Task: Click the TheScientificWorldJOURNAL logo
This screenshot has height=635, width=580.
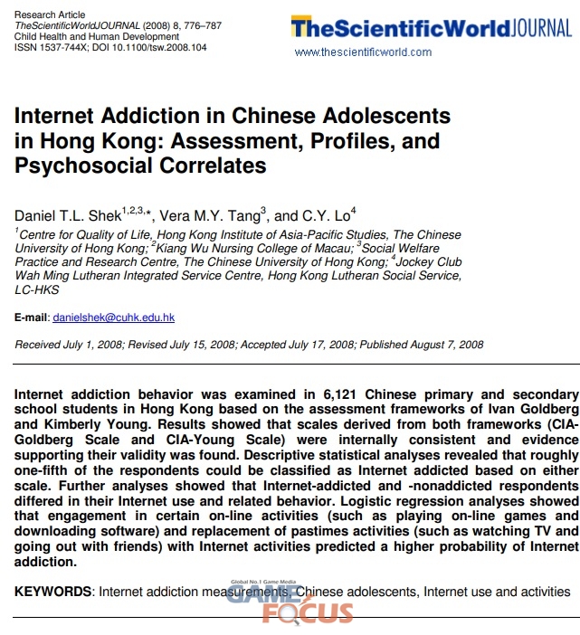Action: [x=431, y=28]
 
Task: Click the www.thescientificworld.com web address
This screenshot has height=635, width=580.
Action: [x=363, y=52]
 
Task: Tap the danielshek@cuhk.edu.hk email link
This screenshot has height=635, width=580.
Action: [x=113, y=317]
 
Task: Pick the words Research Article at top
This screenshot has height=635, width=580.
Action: [x=50, y=14]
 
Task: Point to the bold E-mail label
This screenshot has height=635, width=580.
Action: [x=31, y=317]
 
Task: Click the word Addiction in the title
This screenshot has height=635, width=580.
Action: [x=155, y=117]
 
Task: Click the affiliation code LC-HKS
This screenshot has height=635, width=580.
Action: [x=37, y=289]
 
